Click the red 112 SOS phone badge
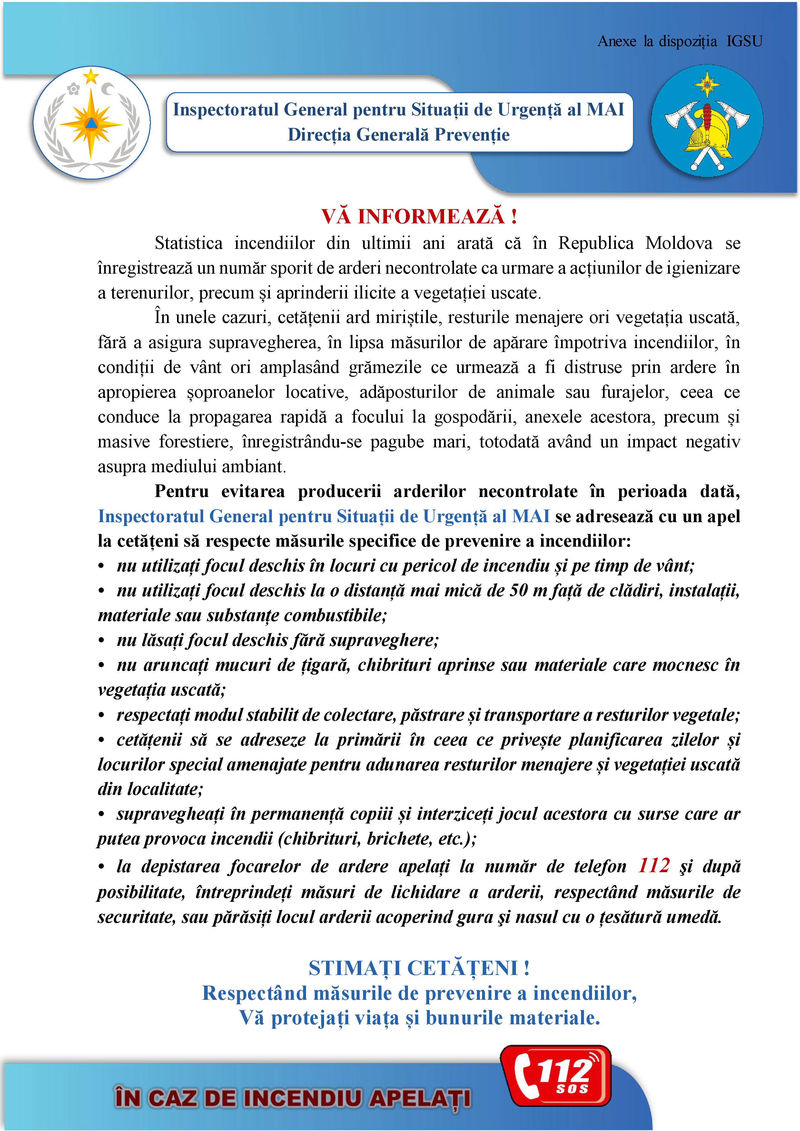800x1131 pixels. pyautogui.click(x=556, y=1083)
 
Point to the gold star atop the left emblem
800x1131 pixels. pyautogui.click(x=91, y=76)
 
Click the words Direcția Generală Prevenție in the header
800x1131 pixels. pyautogui.click(x=399, y=134)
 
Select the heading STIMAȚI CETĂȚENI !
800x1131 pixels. pyautogui.click(x=419, y=968)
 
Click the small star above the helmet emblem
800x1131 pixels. pyautogui.click(x=706, y=84)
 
